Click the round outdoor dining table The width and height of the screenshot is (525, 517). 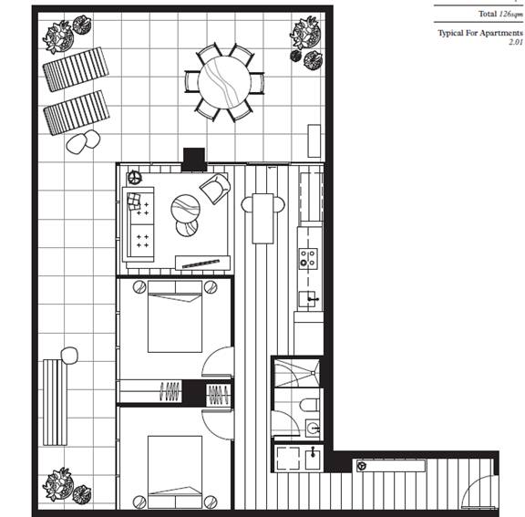[224, 82]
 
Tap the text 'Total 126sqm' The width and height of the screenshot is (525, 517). [500, 14]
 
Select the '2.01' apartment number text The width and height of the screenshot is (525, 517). [516, 42]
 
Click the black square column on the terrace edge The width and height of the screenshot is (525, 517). [194, 160]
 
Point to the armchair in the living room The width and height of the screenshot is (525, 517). [215, 188]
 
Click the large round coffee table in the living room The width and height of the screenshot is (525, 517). [186, 209]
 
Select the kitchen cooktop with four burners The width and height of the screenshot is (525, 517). [308, 258]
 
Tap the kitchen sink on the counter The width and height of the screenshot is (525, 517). [308, 299]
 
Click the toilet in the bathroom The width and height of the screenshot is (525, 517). [310, 405]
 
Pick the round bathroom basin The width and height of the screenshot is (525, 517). [313, 428]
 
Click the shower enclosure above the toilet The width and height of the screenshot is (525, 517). [296, 373]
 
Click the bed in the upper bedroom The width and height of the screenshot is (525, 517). [175, 316]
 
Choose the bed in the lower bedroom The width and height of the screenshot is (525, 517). [175, 471]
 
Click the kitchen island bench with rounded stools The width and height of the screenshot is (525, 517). [262, 218]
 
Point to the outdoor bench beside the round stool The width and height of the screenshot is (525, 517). [56, 402]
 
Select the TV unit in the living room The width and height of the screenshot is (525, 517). [203, 263]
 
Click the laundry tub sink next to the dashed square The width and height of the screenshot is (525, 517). [313, 459]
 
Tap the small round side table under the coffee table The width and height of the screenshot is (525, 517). [187, 228]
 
